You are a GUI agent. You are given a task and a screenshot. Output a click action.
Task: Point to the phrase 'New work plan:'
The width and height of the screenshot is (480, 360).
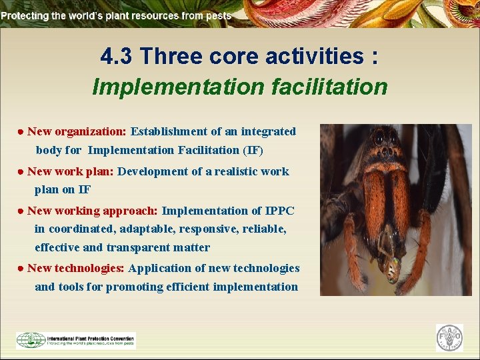pyautogui.click(x=70, y=171)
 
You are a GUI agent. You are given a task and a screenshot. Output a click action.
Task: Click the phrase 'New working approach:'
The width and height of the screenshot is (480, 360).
pyautogui.click(x=92, y=211)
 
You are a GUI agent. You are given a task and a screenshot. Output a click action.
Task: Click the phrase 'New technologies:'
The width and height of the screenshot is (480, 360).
pyautogui.click(x=75, y=268)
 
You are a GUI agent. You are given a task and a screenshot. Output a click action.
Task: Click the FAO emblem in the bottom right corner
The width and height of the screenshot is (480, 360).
pyautogui.click(x=449, y=338)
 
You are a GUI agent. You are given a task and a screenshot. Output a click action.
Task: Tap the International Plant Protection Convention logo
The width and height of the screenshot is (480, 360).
pyautogui.click(x=76, y=340)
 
